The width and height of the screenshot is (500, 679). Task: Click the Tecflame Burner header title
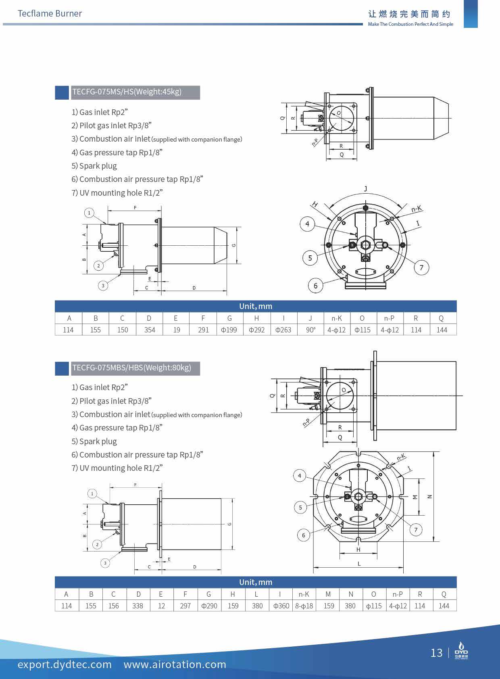(x=50, y=13)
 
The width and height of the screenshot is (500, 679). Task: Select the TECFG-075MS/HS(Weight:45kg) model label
(x=127, y=92)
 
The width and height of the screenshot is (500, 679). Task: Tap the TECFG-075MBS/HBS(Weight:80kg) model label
(x=131, y=368)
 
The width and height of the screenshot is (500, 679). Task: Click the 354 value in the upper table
(x=150, y=330)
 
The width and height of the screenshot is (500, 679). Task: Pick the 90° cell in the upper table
(x=310, y=330)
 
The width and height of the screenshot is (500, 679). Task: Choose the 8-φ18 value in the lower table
(x=304, y=606)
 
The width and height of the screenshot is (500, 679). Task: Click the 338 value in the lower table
(x=137, y=606)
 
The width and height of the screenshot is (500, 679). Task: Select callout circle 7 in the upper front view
(x=421, y=267)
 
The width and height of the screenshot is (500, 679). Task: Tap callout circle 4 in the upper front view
(x=307, y=224)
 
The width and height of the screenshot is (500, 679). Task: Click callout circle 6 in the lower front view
(x=304, y=535)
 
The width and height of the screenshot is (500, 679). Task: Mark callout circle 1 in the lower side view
(x=92, y=493)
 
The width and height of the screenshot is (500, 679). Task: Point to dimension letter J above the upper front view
(x=366, y=188)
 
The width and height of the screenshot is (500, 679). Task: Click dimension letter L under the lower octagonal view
(x=359, y=564)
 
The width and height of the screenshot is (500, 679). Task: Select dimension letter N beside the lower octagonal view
(x=430, y=497)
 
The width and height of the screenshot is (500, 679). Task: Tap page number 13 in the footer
(x=436, y=653)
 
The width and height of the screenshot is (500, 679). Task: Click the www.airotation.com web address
(x=175, y=664)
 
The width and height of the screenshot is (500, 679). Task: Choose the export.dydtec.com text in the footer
(x=65, y=664)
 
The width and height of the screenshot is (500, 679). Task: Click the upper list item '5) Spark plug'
(x=94, y=166)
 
